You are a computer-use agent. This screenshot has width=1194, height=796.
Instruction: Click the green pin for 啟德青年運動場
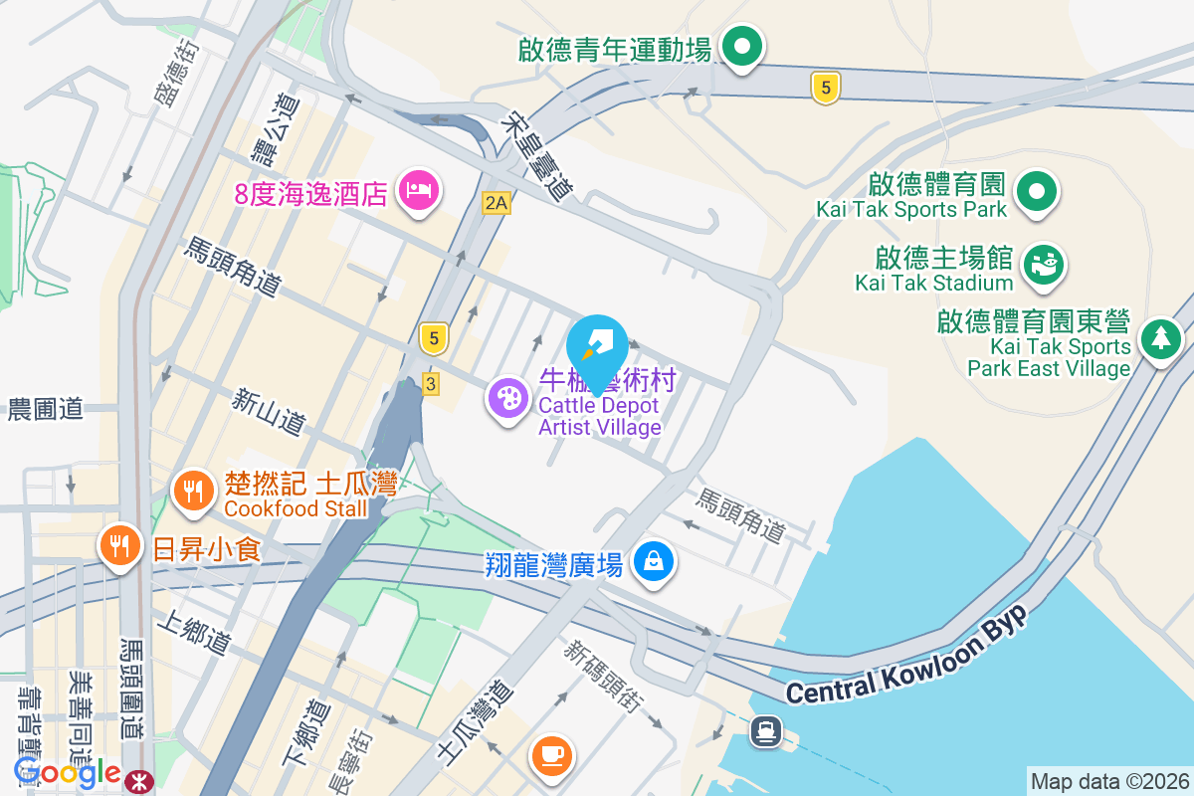(740, 47)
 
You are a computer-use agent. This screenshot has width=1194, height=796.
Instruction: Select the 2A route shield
(496, 203)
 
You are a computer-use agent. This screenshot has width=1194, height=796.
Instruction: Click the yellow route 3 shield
(431, 383)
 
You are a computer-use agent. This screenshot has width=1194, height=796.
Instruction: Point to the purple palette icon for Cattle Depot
(507, 399)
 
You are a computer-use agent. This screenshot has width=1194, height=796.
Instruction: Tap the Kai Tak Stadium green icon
(1042, 264)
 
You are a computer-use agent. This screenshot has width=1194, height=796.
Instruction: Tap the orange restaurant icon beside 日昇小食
(119, 545)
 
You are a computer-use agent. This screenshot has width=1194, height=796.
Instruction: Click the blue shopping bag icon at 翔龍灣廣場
(654, 562)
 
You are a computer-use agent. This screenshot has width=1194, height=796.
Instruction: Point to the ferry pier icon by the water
(765, 732)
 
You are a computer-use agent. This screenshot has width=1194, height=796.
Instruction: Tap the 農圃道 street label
(47, 409)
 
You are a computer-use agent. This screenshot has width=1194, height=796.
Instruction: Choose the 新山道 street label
(269, 411)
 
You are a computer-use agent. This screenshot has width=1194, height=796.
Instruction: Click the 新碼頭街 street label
(599, 677)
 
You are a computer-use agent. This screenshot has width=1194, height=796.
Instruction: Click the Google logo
(67, 771)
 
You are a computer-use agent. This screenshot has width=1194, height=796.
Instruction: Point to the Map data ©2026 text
(1109, 781)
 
